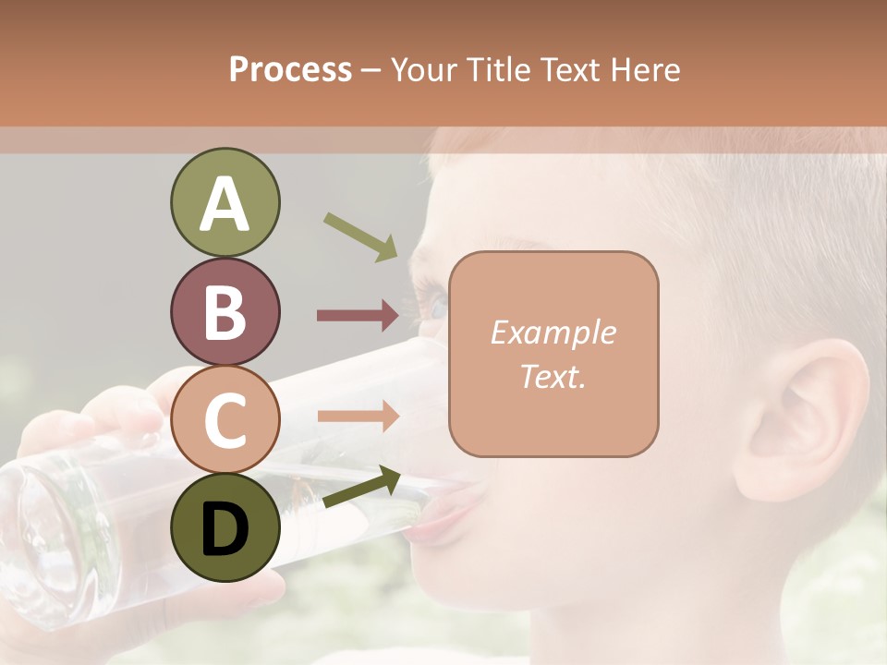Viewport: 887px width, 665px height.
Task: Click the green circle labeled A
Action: click(x=225, y=203)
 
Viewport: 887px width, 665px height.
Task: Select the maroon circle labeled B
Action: click(x=225, y=311)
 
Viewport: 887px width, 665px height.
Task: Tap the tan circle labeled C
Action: click(x=225, y=419)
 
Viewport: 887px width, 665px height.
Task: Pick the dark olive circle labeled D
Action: click(x=225, y=527)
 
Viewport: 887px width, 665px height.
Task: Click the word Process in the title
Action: click(x=290, y=69)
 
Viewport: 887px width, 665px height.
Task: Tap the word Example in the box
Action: click(x=553, y=332)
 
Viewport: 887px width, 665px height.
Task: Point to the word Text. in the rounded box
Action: click(x=553, y=377)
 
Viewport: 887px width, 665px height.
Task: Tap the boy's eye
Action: click(x=432, y=300)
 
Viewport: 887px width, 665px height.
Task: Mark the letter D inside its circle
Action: click(x=225, y=528)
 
